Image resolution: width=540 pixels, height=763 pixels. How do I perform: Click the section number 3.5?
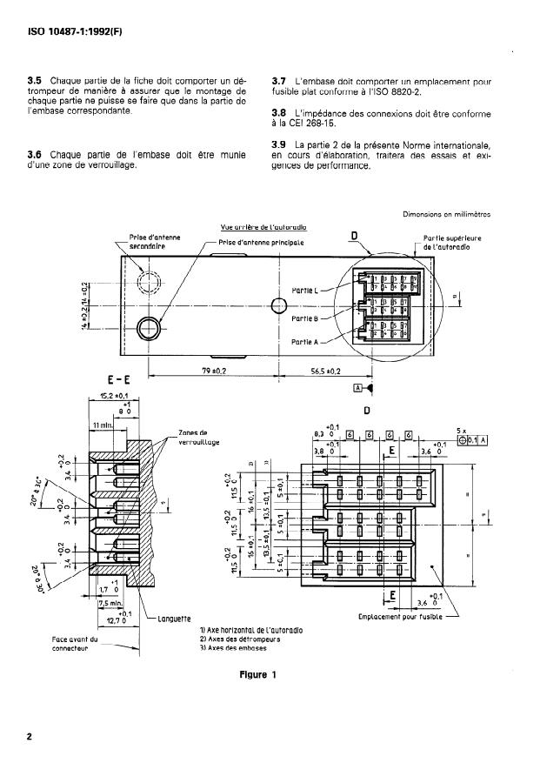(37, 80)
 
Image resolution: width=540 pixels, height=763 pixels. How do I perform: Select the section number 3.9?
(281, 144)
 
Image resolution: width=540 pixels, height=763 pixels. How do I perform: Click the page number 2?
(30, 737)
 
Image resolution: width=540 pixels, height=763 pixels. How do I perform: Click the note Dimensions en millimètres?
(447, 214)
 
